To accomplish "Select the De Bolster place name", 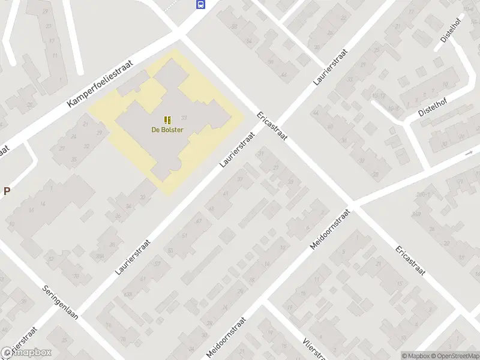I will coord(167,130).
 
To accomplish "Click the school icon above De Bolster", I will coord(167,120).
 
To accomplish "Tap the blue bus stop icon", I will coord(200,5).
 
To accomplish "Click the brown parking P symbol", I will coord(7,191).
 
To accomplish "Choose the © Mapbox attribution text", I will coord(415,356).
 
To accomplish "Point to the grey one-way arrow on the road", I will coord(469,154).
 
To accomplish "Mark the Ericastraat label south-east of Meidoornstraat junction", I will coord(410,260).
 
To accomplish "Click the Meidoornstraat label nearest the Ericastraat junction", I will coord(330,230).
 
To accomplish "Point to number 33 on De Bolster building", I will coord(184,118).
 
